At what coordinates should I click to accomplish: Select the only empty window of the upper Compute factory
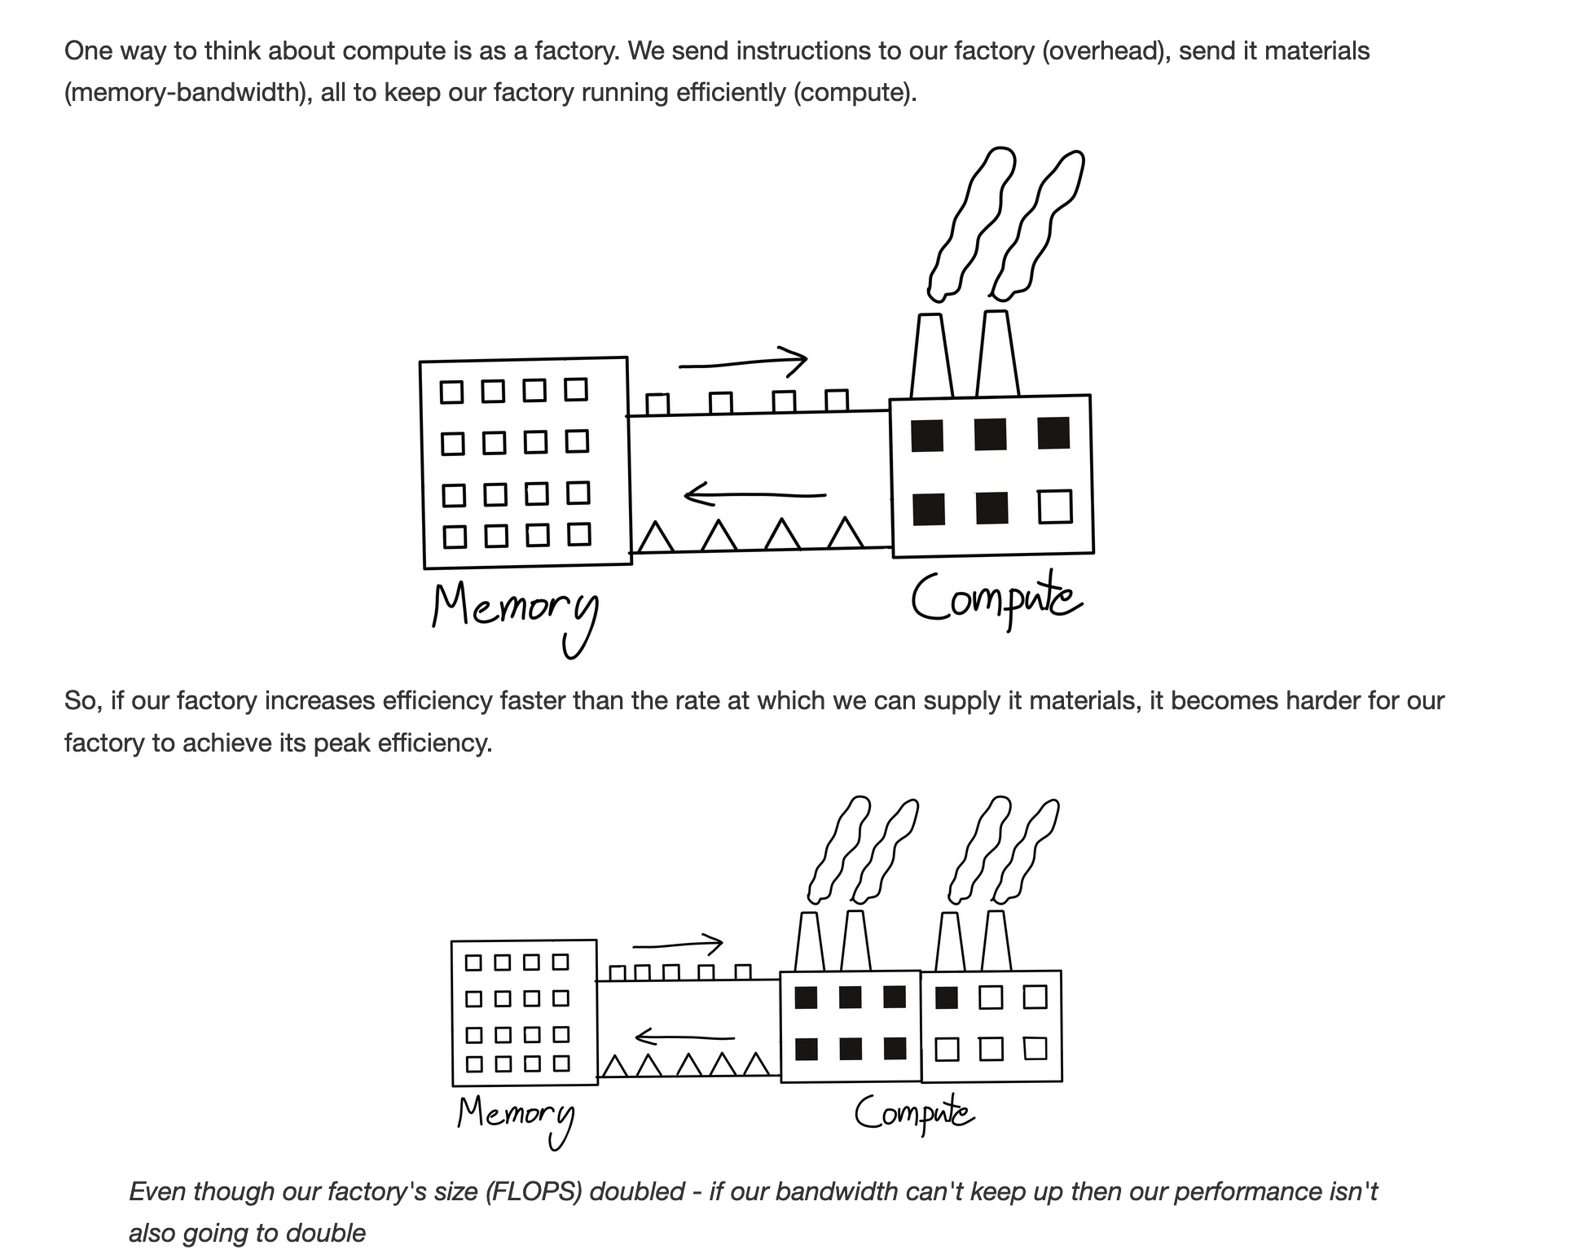(x=1055, y=506)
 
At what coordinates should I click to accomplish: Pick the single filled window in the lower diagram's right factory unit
(x=946, y=997)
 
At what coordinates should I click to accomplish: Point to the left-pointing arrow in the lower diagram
(x=684, y=1037)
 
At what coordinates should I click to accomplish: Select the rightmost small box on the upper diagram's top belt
(x=837, y=401)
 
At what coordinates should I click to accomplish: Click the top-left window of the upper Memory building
(x=451, y=392)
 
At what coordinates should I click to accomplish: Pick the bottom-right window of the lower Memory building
(x=561, y=1063)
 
